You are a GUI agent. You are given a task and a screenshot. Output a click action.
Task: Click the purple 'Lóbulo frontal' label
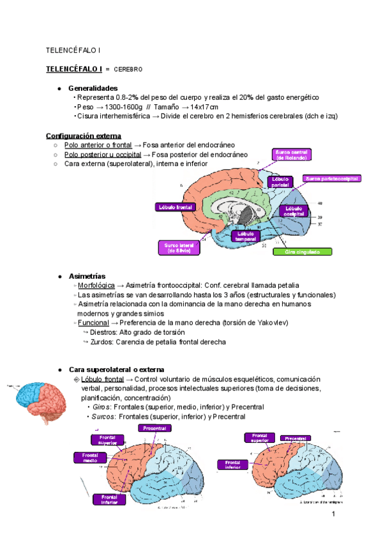(176, 207)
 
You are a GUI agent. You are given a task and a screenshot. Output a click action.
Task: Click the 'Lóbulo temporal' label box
(246, 236)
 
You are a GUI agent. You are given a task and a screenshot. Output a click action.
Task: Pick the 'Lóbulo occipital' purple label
(294, 212)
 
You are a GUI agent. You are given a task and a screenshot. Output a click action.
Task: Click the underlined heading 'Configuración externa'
(83, 136)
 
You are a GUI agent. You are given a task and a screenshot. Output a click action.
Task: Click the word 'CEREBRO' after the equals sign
(128, 68)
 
